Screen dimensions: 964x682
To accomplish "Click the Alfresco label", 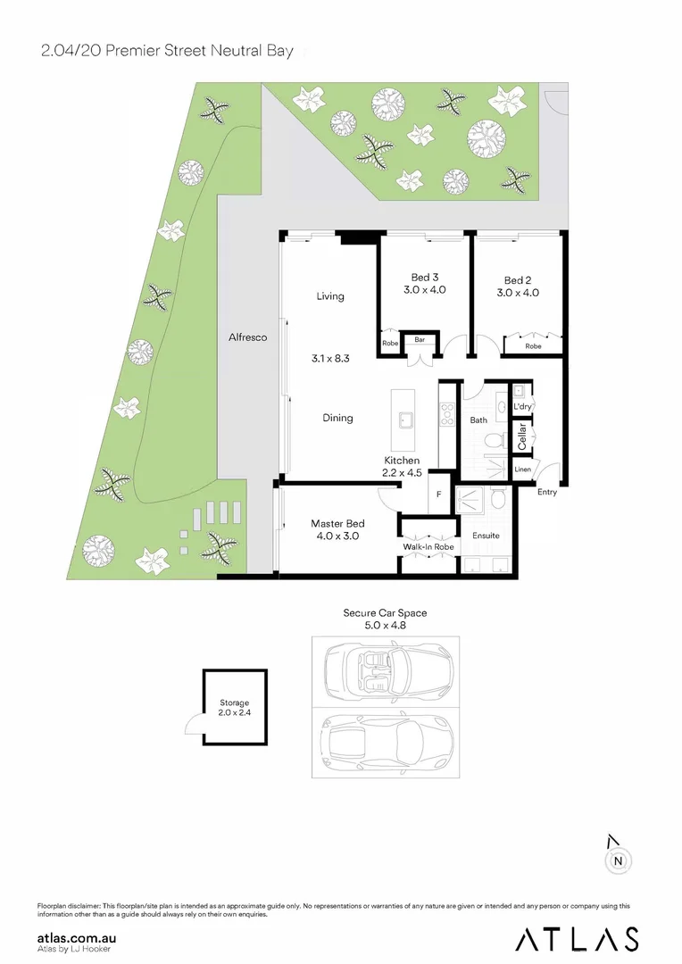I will point(247,338).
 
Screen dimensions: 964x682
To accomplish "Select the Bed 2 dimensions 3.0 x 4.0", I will point(518,292).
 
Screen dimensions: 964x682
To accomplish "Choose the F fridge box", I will point(438,495).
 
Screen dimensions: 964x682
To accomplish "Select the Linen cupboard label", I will point(522,470).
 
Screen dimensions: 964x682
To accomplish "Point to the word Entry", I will point(548,492).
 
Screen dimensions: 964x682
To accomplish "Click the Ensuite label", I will point(486,536).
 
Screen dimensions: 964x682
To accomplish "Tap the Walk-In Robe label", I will point(428,546).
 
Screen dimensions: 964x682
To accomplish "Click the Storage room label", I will point(235,703).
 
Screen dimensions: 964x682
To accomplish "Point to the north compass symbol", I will point(617,860).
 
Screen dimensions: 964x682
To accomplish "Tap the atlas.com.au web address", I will point(77,938).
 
